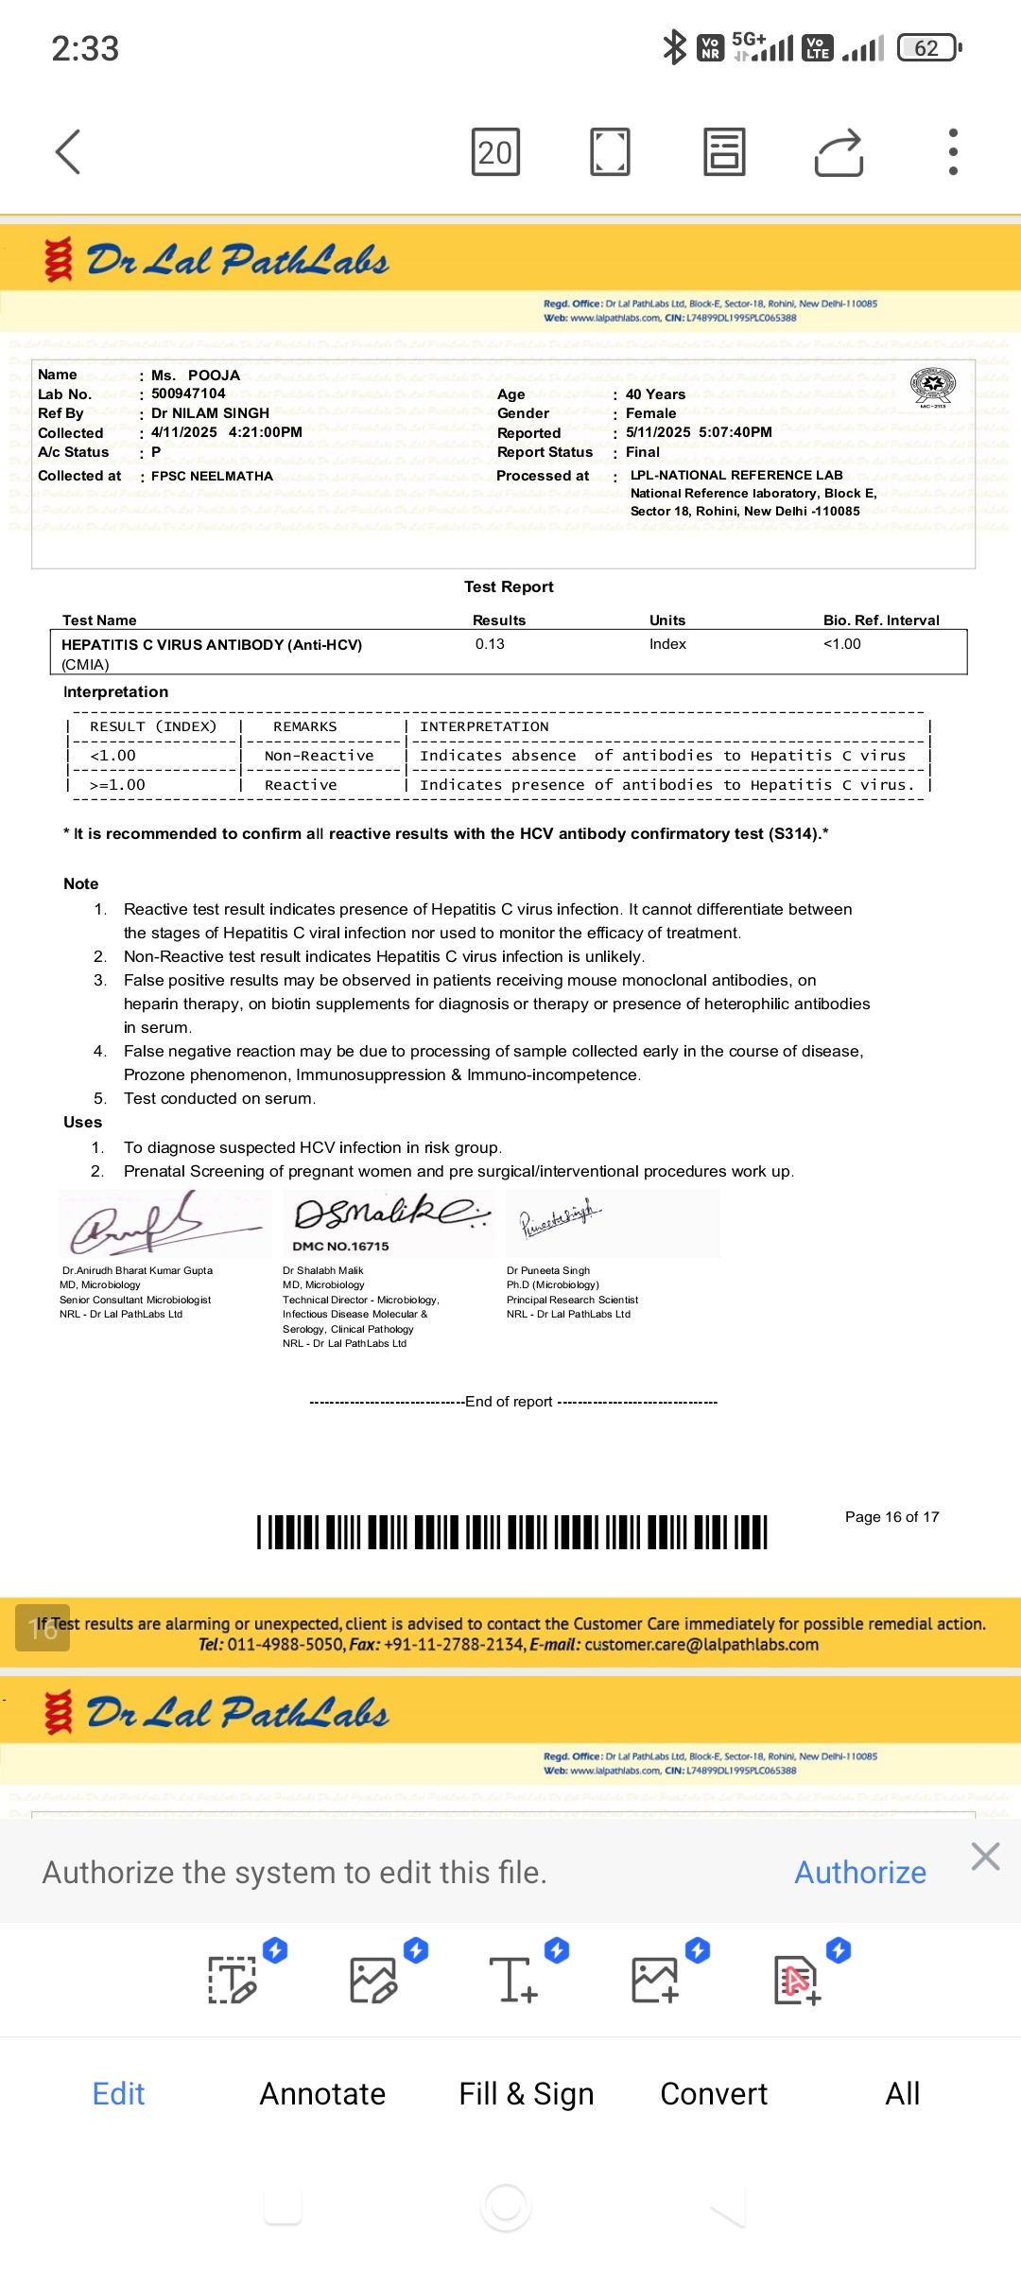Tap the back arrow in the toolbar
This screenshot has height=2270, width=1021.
click(68, 151)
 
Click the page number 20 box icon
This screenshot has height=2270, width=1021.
click(495, 151)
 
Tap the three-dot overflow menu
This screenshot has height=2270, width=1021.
click(953, 151)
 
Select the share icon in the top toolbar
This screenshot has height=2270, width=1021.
click(839, 151)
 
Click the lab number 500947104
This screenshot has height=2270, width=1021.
click(188, 393)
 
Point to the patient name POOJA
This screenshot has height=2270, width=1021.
click(214, 375)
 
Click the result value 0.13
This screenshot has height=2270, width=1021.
click(490, 644)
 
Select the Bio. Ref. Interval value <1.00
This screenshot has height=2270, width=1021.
click(841, 644)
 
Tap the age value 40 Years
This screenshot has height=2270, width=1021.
click(655, 394)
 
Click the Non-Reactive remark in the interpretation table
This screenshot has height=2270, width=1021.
click(319, 756)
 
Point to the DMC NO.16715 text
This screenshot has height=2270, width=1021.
click(340, 1247)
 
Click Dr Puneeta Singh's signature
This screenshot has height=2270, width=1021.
click(560, 1218)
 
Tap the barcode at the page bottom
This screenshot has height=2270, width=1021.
click(511, 1532)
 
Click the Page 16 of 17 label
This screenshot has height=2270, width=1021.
click(891, 1517)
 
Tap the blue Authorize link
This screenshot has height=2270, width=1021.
click(859, 1873)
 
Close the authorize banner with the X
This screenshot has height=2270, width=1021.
click(985, 1857)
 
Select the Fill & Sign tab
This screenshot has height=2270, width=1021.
click(526, 2094)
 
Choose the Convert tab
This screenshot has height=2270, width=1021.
click(714, 2094)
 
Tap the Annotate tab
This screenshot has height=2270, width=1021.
click(322, 2094)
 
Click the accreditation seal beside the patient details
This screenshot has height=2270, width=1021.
click(932, 386)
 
